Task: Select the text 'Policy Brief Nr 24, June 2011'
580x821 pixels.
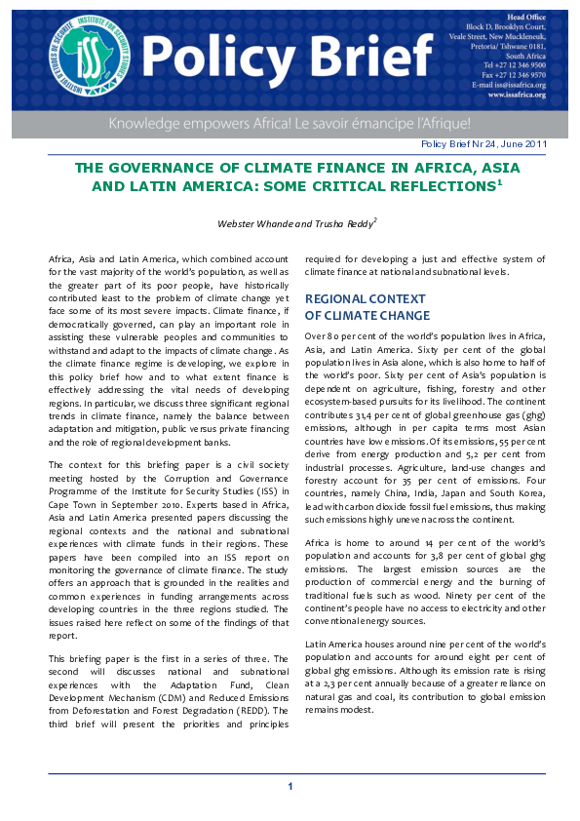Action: (483, 144)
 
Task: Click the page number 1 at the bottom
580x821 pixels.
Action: (290, 786)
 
